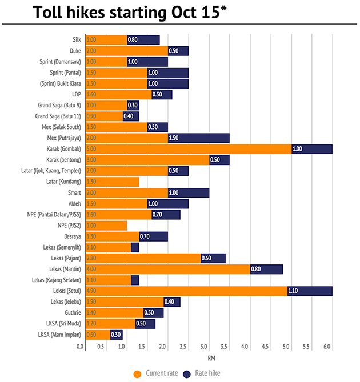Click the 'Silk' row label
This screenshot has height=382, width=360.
(76, 40)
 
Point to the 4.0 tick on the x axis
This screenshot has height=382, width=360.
(245, 346)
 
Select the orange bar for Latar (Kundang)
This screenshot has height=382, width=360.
(112, 182)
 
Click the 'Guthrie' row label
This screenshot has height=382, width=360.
(71, 313)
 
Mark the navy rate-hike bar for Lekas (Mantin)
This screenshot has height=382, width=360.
(266, 269)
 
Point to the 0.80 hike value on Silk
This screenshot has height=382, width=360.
(133, 40)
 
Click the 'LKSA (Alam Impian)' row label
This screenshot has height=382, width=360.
(59, 335)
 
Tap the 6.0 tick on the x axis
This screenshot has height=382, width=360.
(328, 346)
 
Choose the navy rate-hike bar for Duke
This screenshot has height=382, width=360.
(178, 51)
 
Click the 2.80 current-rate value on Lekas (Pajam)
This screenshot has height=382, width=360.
(91, 258)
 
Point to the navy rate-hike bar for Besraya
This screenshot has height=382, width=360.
(153, 236)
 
